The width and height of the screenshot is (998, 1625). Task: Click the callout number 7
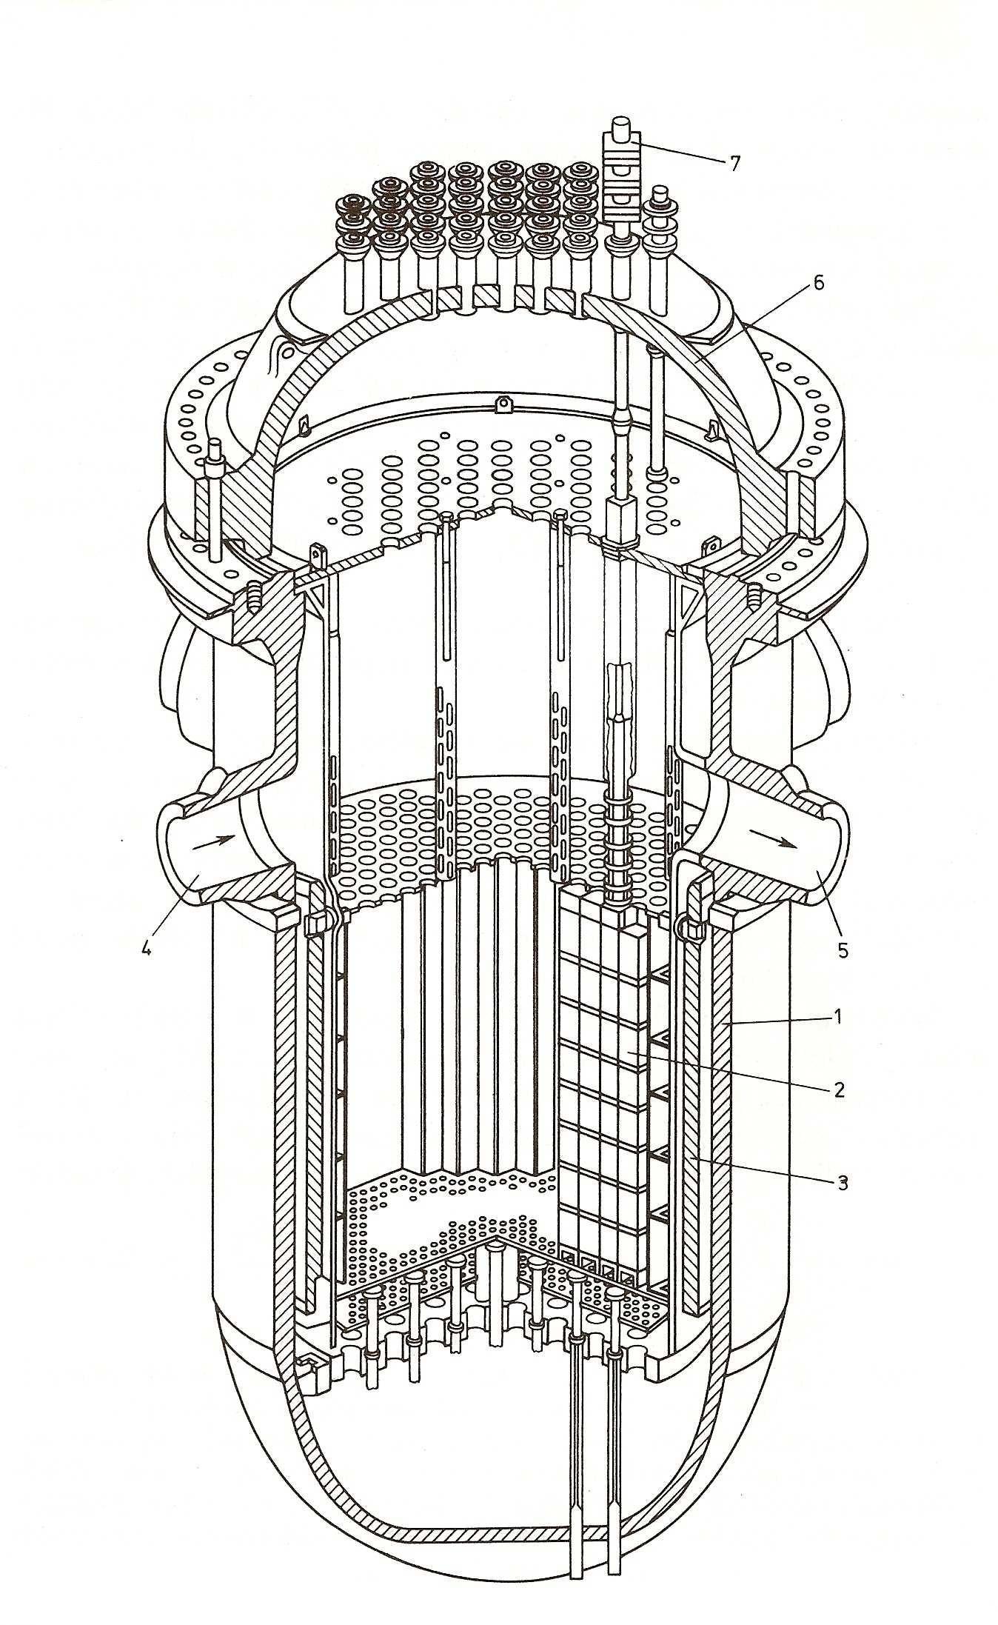point(734,163)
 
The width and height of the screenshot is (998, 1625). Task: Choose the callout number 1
point(837,1018)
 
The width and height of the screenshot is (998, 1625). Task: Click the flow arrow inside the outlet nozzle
point(774,838)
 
